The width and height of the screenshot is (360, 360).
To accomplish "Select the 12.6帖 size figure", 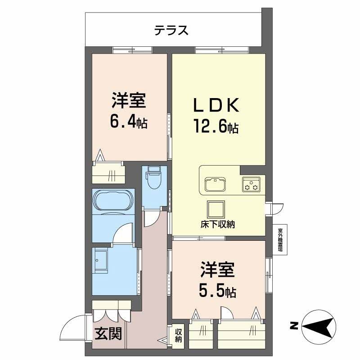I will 216,126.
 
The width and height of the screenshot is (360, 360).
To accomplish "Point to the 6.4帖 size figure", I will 129,121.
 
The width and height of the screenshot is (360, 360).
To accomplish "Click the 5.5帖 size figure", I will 218,291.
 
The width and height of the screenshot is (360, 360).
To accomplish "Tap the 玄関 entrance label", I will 108,333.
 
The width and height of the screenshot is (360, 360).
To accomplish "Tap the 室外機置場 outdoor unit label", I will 280,240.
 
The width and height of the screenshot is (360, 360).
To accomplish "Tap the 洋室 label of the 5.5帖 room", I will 218,271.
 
